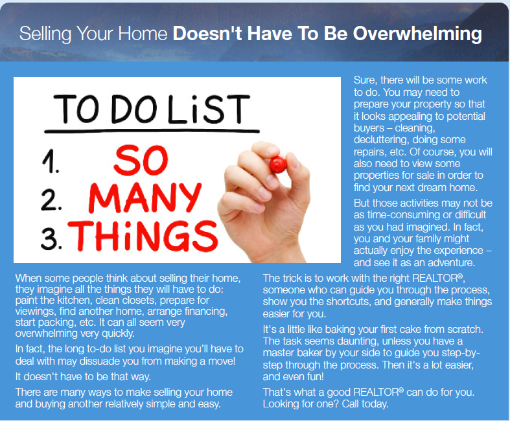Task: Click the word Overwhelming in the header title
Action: (x=417, y=34)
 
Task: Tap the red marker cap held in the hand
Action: (x=278, y=164)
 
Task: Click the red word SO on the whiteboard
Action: (x=141, y=161)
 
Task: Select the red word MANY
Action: (x=145, y=198)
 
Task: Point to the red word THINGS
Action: (x=143, y=236)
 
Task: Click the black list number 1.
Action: (x=51, y=161)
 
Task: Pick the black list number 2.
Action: (x=51, y=200)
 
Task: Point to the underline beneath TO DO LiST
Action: (x=152, y=131)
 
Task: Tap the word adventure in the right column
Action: (x=451, y=262)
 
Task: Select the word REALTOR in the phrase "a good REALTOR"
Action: (x=376, y=392)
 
